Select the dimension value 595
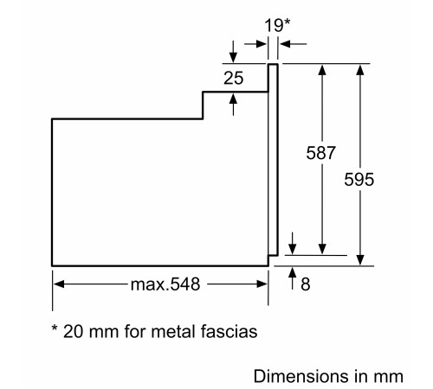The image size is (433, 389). point(358,182)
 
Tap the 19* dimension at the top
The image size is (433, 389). point(274,25)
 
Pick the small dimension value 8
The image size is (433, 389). point(306,283)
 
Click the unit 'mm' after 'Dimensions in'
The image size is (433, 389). point(390,376)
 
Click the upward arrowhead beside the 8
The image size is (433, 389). point(293,274)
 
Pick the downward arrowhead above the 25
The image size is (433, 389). point(233,56)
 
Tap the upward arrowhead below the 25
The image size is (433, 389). point(233,98)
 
